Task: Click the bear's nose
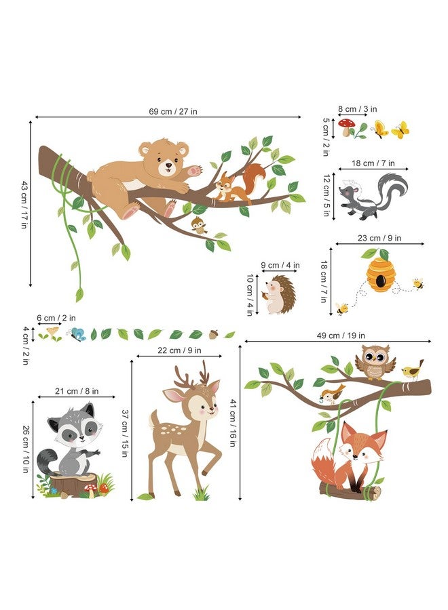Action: click(168, 165)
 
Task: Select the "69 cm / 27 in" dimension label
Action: click(173, 111)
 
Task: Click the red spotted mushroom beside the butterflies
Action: click(346, 127)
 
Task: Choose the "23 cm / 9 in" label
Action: click(379, 238)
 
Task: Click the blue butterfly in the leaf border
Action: click(77, 334)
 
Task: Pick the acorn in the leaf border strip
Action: click(213, 334)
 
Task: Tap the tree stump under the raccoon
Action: click(73, 485)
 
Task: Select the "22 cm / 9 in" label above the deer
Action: click(179, 350)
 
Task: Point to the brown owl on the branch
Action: click(375, 362)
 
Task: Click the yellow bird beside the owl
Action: click(413, 370)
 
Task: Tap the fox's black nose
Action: click(354, 456)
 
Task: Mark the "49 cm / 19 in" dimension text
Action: click(341, 335)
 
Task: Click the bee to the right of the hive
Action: click(417, 283)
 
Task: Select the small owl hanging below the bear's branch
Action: click(199, 225)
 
